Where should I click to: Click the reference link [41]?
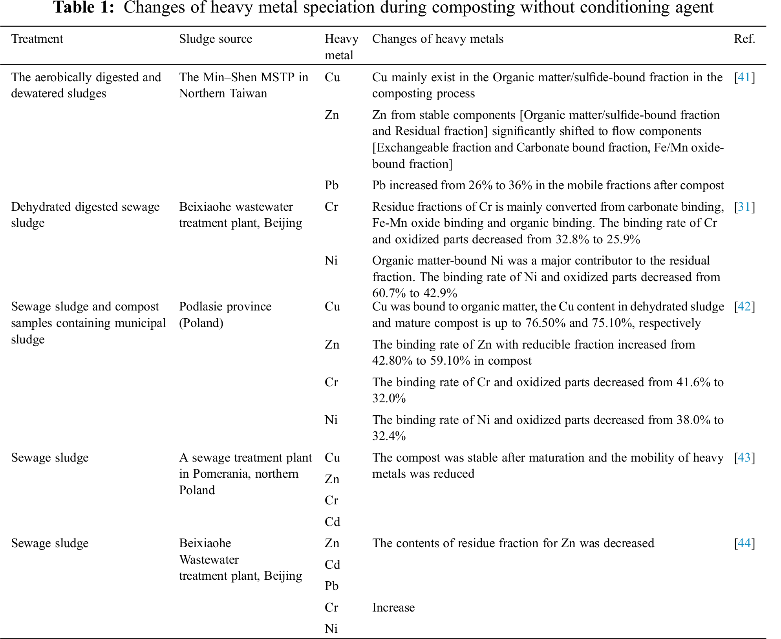(744, 77)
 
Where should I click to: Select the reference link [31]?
(744, 207)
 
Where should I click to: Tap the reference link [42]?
(744, 307)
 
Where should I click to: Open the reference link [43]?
(744, 458)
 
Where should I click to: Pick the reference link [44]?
(744, 543)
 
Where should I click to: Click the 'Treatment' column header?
(37, 39)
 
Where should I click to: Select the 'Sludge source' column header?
(216, 39)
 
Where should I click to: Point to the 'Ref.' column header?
(744, 39)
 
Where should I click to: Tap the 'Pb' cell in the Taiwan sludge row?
(331, 185)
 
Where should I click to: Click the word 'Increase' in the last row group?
(393, 608)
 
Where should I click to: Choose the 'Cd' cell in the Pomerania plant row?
(332, 522)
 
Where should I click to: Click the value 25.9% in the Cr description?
(623, 239)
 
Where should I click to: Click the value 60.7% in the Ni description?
(389, 293)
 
